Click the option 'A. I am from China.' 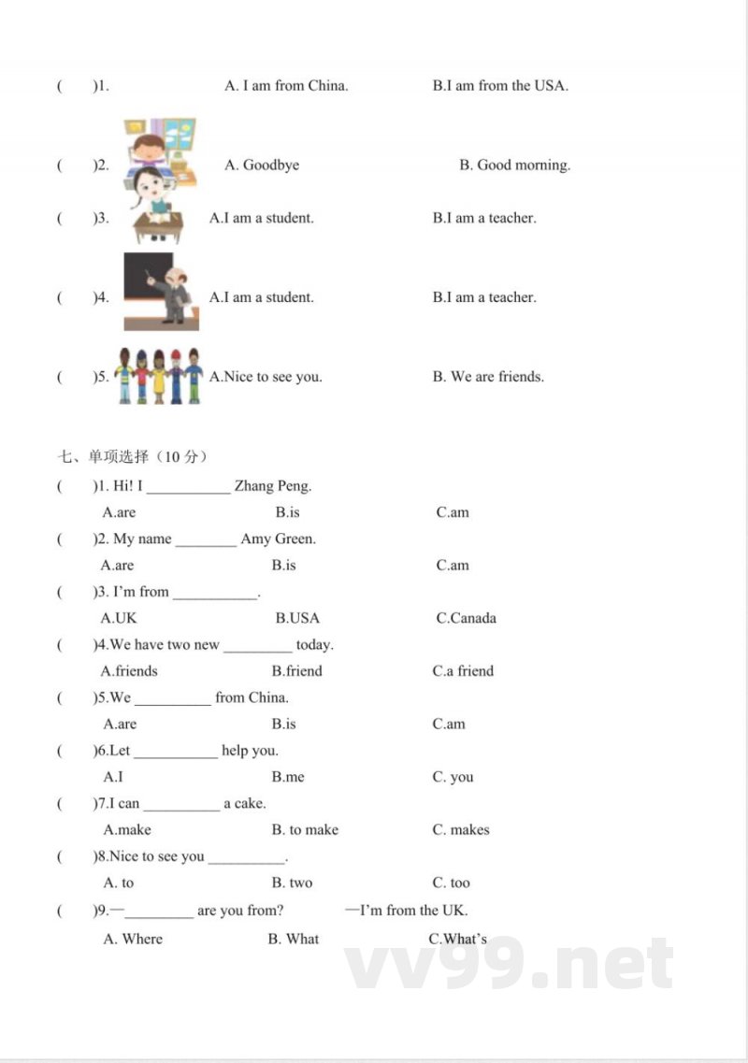click(x=286, y=86)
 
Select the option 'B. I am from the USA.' click(x=500, y=86)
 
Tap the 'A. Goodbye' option click(x=262, y=165)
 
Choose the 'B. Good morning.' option click(x=514, y=165)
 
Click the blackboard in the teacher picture click(x=148, y=279)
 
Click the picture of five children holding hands click(x=158, y=375)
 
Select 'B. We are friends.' click(x=488, y=377)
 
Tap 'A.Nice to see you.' click(x=266, y=377)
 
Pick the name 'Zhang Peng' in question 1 click(x=273, y=486)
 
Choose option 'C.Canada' click(x=466, y=618)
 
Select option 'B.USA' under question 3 click(x=297, y=618)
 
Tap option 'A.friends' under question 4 click(x=129, y=671)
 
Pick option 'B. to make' click(x=305, y=830)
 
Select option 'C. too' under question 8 click(x=452, y=883)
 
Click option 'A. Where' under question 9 click(x=133, y=939)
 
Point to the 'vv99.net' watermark click(x=510, y=964)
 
